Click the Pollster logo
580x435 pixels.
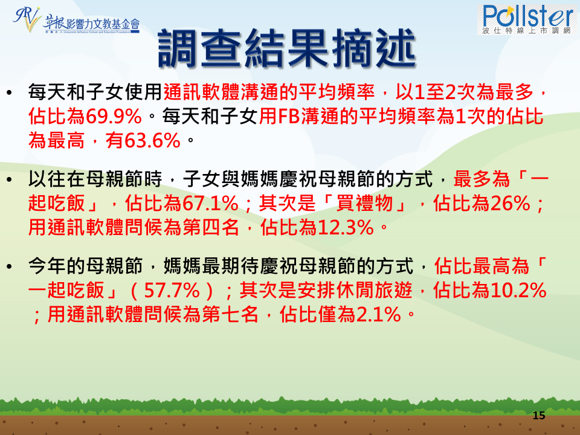527,19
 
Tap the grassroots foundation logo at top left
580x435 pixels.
77,21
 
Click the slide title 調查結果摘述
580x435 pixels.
287,49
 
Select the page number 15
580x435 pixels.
539,416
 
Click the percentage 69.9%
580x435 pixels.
114,116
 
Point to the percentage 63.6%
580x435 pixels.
152,141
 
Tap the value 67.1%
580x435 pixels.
210,203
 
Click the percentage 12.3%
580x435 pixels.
346,227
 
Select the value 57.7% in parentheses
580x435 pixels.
172,291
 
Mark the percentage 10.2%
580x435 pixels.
518,291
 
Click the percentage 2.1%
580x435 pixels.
378,314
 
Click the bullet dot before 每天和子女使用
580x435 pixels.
10,92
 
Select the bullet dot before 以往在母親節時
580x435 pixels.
10,179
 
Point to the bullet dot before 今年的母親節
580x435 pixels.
10,266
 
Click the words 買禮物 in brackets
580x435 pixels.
364,203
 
